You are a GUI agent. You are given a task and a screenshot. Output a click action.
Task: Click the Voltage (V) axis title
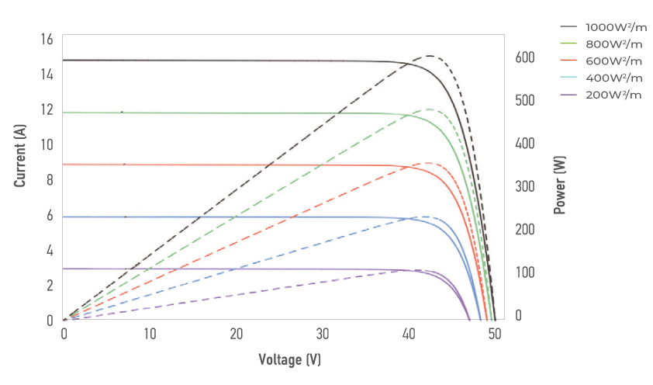(289, 360)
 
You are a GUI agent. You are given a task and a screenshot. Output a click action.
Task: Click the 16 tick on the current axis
(46, 39)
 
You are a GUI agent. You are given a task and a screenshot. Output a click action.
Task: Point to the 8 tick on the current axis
(49, 179)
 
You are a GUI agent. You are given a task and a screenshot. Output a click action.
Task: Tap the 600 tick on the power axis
(526, 57)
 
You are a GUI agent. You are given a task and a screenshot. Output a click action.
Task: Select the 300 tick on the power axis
(526, 186)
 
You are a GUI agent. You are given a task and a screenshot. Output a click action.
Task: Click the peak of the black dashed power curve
(429, 56)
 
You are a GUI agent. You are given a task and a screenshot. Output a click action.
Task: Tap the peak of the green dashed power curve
(429, 109)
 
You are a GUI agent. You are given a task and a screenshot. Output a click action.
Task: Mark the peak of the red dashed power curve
(429, 163)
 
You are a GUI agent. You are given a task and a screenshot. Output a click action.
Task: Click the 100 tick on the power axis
(526, 272)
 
